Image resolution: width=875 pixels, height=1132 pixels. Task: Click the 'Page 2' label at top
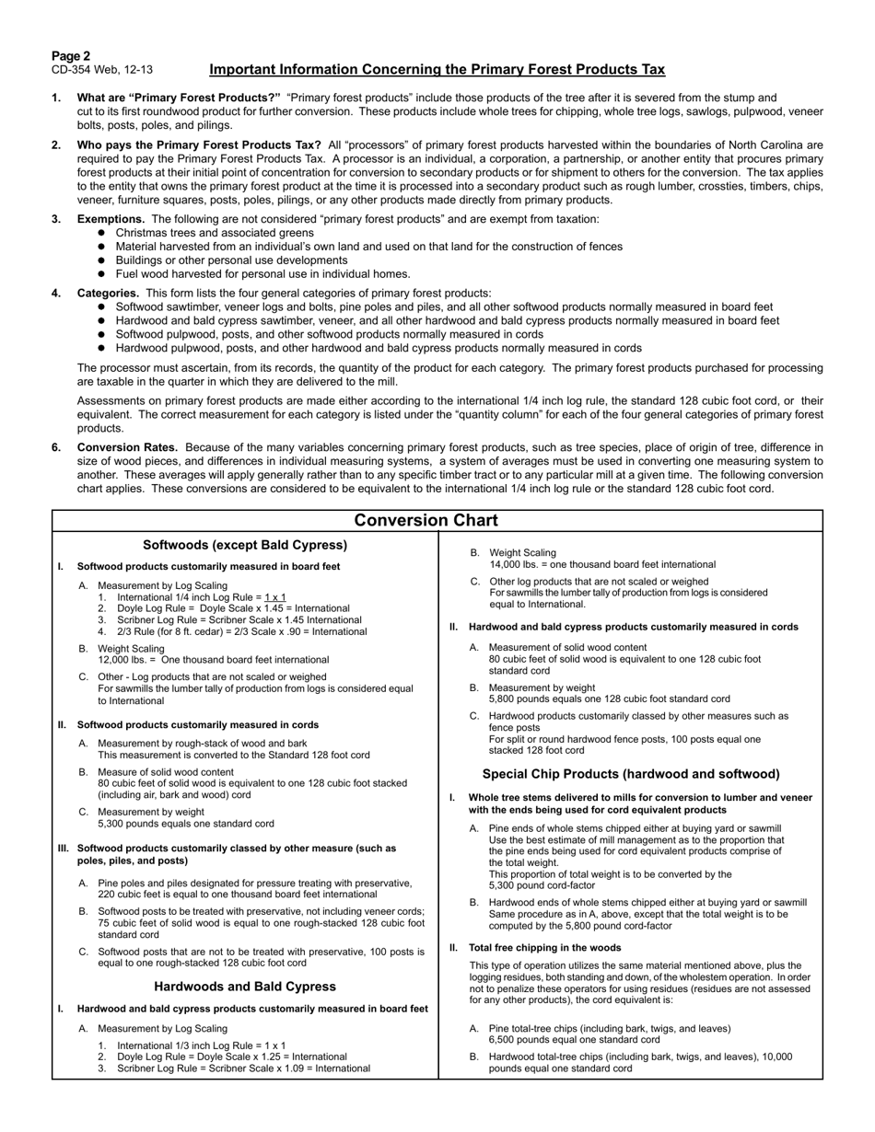tap(71, 56)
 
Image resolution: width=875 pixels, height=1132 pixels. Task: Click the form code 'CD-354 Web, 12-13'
tap(102, 70)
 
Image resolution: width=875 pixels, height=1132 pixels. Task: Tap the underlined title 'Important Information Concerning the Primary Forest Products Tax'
tap(437, 70)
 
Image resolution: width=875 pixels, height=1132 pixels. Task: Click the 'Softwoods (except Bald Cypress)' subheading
tap(245, 545)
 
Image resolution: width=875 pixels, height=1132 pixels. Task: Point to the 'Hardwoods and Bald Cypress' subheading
tap(245, 987)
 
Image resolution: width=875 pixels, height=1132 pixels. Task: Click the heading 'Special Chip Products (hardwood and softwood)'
tap(631, 774)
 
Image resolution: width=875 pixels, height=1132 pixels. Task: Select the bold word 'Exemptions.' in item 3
tap(111, 219)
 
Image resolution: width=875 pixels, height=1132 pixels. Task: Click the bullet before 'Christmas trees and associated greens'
tap(101, 233)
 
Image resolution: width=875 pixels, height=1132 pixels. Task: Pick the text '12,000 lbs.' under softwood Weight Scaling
tap(124, 660)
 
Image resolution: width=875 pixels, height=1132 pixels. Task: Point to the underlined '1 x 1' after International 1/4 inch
tap(275, 597)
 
